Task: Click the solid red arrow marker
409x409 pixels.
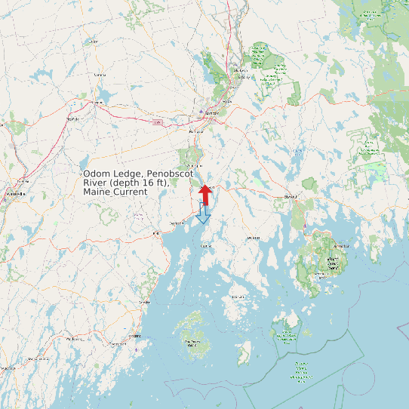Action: tap(205, 194)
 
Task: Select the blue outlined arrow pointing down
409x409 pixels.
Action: tap(203, 214)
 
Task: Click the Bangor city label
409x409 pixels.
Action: tap(212, 112)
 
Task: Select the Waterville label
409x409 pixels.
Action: tap(15, 194)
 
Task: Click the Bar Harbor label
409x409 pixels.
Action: tap(342, 246)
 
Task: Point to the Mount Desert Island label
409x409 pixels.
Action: tap(332, 262)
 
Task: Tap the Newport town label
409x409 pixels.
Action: tap(73, 118)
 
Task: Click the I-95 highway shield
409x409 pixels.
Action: tap(157, 121)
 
